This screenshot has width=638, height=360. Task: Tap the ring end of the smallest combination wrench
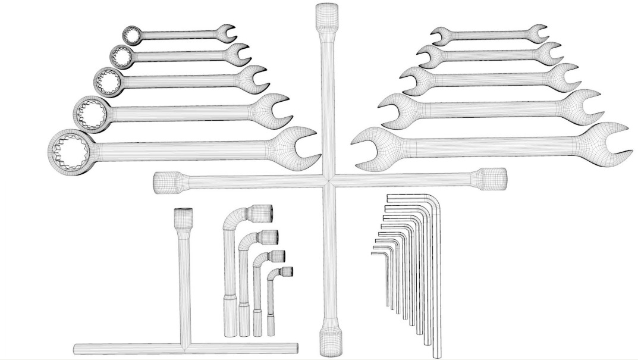(131, 35)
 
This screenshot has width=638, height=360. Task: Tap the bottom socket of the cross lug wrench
(330, 341)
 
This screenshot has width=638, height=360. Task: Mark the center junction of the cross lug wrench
(328, 180)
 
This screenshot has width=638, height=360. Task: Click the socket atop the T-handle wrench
(183, 218)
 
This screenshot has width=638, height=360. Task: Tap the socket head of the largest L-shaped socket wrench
(261, 212)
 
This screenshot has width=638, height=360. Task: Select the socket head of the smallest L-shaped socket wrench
(286, 273)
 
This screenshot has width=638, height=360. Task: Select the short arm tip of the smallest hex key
(373, 253)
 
